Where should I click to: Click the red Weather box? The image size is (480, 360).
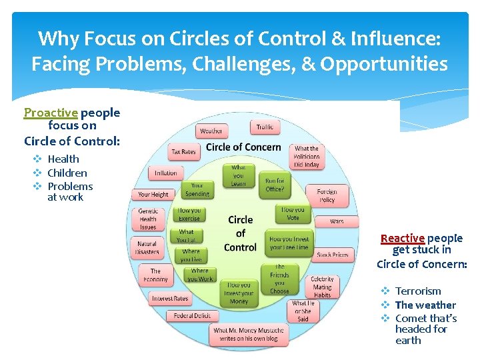pos(211,131)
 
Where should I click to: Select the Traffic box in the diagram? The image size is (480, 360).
pos(265,127)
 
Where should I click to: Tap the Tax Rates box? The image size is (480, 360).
pos(183,152)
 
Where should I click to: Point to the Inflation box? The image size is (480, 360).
pos(166,173)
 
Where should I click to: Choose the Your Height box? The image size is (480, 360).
pos(153,195)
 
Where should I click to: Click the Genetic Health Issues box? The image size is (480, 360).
pos(148,219)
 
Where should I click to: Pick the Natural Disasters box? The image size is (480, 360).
pos(147,248)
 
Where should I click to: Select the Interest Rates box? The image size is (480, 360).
pos(170,298)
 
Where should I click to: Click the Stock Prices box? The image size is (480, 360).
pos(333,255)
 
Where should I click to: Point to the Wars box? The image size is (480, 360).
pos(337,221)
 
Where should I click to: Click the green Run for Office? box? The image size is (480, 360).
pos(275,184)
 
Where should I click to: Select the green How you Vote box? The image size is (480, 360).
pos(293,213)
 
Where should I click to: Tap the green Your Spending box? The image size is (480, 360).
pos(197,190)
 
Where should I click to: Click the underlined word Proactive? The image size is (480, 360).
pos(51,113)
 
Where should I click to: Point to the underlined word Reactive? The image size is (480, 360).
pos(402,238)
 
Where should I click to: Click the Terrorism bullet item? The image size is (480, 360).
pos(418,291)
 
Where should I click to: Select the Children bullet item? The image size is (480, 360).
pos(67,173)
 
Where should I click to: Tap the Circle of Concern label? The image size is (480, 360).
pos(243,147)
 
